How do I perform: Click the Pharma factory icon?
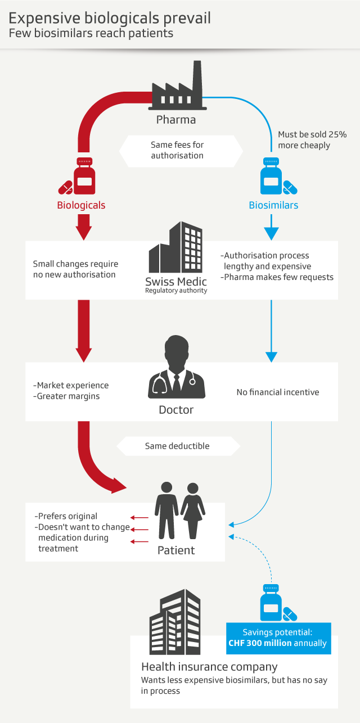tap(178, 90)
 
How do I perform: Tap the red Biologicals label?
tap(81, 205)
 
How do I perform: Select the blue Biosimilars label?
tap(273, 205)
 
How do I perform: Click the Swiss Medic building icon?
tap(175, 248)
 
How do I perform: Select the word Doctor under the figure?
tap(176, 410)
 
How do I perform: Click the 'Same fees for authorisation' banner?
tap(177, 150)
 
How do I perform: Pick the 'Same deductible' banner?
tap(177, 446)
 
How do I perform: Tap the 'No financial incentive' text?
tap(278, 392)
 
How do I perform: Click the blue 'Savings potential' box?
tap(278, 638)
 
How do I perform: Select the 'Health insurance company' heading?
tap(209, 667)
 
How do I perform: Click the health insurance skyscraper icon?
tap(175, 622)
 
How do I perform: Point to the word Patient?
tap(176, 550)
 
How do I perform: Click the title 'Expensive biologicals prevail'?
tap(110, 18)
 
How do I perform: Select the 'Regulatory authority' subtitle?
tap(176, 291)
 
